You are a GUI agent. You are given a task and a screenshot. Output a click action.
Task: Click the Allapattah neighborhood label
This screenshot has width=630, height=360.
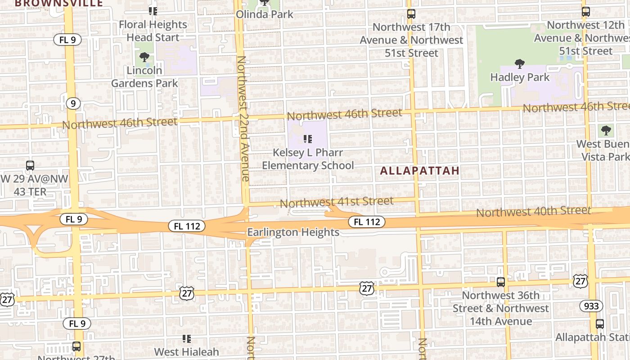[x=420, y=171]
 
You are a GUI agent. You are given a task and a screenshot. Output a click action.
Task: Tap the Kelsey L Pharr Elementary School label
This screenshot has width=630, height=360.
[x=308, y=159]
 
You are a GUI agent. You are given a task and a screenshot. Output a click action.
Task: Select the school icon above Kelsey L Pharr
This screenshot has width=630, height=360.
[x=308, y=139]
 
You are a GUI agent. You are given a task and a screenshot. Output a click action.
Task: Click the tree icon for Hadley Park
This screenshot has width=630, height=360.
[x=520, y=64]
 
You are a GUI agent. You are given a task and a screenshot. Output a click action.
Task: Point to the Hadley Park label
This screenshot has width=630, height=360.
[x=520, y=77]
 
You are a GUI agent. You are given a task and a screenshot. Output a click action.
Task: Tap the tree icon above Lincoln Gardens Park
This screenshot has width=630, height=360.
[x=144, y=57]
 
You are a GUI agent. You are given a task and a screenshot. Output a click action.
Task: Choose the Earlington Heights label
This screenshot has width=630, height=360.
[x=293, y=232]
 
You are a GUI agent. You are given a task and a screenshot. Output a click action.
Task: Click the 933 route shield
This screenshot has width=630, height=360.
[x=591, y=306]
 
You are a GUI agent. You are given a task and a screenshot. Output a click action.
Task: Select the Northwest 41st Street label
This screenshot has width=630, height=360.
[x=337, y=202]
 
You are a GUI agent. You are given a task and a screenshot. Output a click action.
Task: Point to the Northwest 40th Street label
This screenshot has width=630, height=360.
[x=533, y=211]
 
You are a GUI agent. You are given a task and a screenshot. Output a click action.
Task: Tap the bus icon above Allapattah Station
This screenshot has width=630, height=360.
[x=600, y=324]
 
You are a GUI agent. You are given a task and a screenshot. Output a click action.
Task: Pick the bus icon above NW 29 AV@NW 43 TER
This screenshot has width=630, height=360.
[x=30, y=165]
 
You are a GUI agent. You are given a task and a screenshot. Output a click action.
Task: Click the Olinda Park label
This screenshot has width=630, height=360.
[x=265, y=14]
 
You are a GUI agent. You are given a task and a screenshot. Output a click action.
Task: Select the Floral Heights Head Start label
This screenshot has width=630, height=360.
[x=153, y=31]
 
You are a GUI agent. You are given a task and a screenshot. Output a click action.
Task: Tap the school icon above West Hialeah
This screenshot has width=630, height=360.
[x=187, y=338]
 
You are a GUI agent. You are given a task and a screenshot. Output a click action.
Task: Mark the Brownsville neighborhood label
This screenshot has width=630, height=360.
[x=59, y=3]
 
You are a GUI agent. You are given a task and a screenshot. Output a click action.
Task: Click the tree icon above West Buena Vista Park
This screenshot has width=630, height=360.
[x=606, y=131]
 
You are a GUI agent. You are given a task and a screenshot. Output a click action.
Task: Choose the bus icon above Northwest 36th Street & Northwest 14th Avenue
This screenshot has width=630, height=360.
[x=500, y=282]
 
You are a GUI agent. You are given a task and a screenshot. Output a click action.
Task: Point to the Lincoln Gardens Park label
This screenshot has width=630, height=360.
[x=144, y=76]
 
